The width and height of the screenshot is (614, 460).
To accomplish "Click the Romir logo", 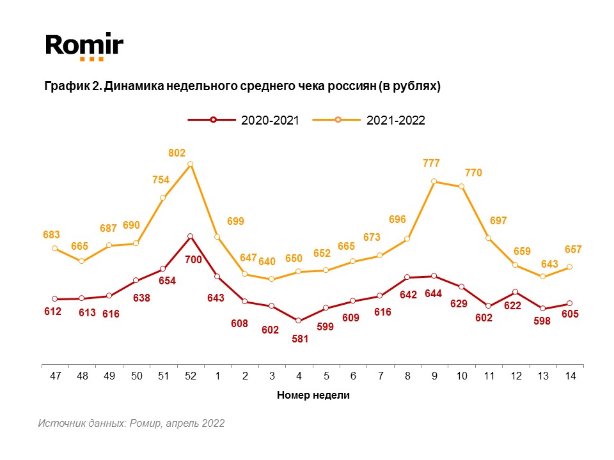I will pyautogui.click(x=84, y=47).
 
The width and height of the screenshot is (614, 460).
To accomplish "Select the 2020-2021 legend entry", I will pyautogui.click(x=244, y=120).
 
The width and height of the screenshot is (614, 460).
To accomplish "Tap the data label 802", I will pyautogui.click(x=177, y=153).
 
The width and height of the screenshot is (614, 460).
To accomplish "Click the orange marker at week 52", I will pyautogui.click(x=191, y=164).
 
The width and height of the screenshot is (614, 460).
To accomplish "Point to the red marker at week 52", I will pyautogui.click(x=191, y=236).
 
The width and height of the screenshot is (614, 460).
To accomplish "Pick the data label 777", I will pyautogui.click(x=431, y=164).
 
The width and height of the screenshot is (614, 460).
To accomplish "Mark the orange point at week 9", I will pyautogui.click(x=434, y=181).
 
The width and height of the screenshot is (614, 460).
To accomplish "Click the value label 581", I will pyautogui.click(x=300, y=339).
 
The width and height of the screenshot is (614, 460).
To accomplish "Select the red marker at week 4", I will pyautogui.click(x=299, y=320).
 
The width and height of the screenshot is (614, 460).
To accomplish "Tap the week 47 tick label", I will pyautogui.click(x=55, y=376).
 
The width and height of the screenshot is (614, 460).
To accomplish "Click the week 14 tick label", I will pyautogui.click(x=570, y=376).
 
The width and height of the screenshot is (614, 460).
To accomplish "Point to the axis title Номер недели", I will pyautogui.click(x=313, y=395).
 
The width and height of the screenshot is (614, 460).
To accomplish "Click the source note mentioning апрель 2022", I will pyautogui.click(x=131, y=423).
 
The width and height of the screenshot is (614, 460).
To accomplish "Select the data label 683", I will pyautogui.click(x=52, y=235).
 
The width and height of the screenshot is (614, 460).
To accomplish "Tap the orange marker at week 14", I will pyautogui.click(x=569, y=267).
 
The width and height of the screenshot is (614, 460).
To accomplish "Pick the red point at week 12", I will pyautogui.click(x=515, y=292).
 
